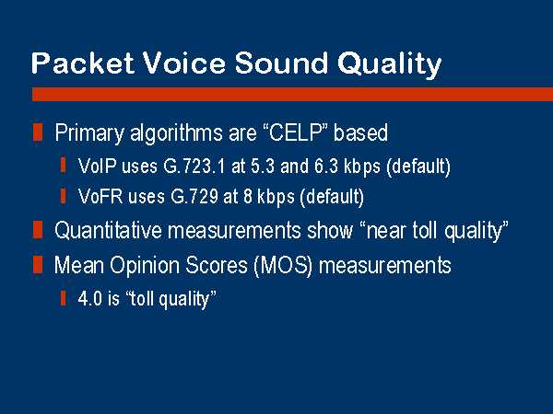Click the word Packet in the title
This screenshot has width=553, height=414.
83,63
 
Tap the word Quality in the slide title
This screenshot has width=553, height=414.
389,64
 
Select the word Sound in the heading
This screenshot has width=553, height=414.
281,63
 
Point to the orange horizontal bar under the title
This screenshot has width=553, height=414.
292,95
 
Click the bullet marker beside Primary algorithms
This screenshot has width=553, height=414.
38,132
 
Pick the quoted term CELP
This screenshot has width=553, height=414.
296,132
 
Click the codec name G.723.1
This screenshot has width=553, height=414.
194,166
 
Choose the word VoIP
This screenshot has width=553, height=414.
98,166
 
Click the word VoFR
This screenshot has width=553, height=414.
100,196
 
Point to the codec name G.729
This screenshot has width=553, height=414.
194,196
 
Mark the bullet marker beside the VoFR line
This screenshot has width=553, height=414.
63,196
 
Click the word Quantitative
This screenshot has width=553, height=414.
108,231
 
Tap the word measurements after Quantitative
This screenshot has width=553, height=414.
234,231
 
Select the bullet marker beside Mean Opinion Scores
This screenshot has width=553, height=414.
38,265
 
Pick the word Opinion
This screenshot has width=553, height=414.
145,265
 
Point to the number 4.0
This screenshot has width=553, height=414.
90,298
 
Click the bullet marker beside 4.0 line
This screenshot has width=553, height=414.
63,298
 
